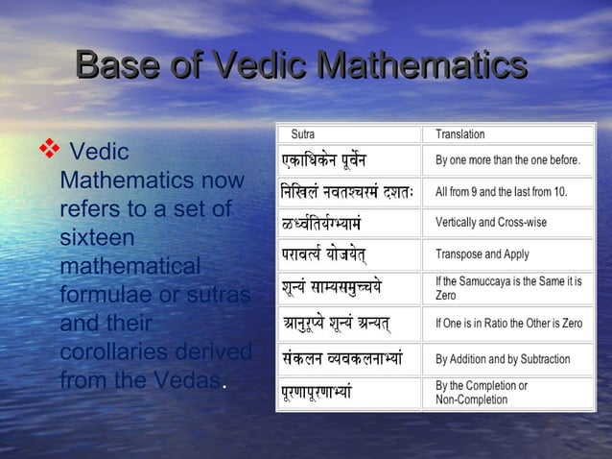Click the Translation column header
[x=460, y=134]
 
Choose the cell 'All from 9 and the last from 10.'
[x=501, y=191]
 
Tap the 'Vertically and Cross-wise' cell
[x=491, y=223]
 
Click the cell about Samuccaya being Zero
[x=507, y=287]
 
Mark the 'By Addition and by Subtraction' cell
[x=503, y=359]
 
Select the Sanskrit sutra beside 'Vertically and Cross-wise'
[x=327, y=224]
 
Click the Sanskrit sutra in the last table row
[x=330, y=393]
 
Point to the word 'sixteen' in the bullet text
[x=97, y=236]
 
